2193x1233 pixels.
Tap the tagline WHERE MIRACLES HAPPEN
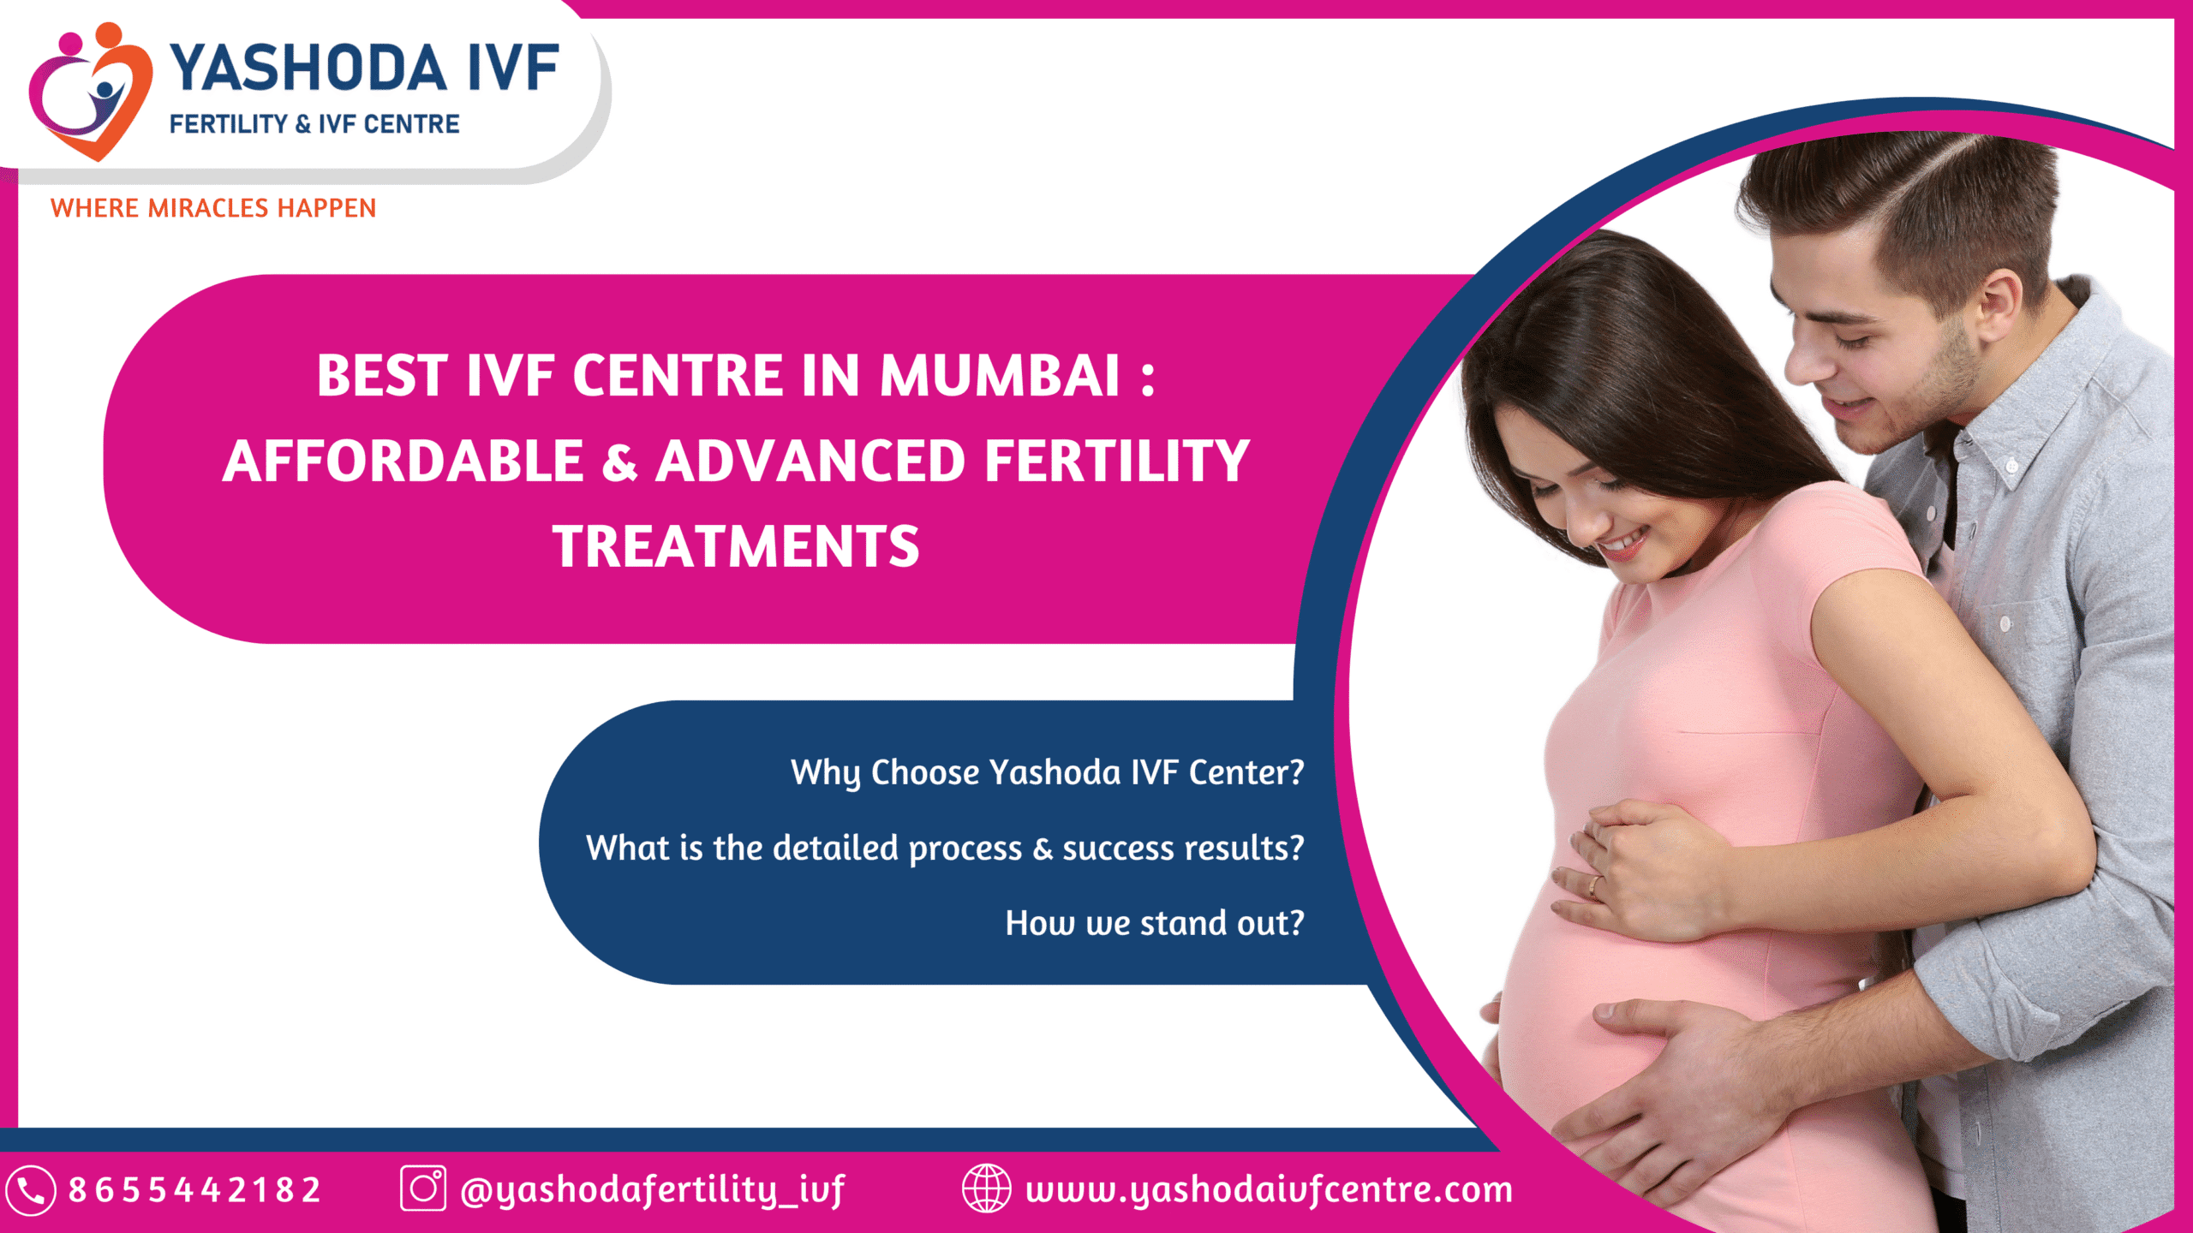pyautogui.click(x=213, y=208)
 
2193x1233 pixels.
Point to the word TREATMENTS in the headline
pyautogui.click(x=736, y=546)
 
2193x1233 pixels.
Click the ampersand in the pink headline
pyautogui.click(x=619, y=462)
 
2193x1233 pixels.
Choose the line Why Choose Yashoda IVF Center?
pyautogui.click(x=1047, y=773)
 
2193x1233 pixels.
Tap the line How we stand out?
pyautogui.click(x=1155, y=923)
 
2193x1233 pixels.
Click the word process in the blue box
pyautogui.click(x=965, y=849)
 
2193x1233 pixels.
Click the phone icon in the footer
pyautogui.click(x=31, y=1190)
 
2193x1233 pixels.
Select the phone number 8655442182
pyautogui.click(x=194, y=1190)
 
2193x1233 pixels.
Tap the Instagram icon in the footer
pyautogui.click(x=423, y=1188)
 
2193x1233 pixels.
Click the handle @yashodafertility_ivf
pyautogui.click(x=653, y=1190)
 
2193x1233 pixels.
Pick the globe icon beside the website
pyautogui.click(x=986, y=1188)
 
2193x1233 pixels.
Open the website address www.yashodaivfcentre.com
pyautogui.click(x=1270, y=1190)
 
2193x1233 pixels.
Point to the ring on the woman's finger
pyautogui.click(x=1594, y=885)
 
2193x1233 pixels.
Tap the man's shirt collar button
pyautogui.click(x=2012, y=467)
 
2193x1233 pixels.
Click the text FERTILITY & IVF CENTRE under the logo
pyautogui.click(x=314, y=125)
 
